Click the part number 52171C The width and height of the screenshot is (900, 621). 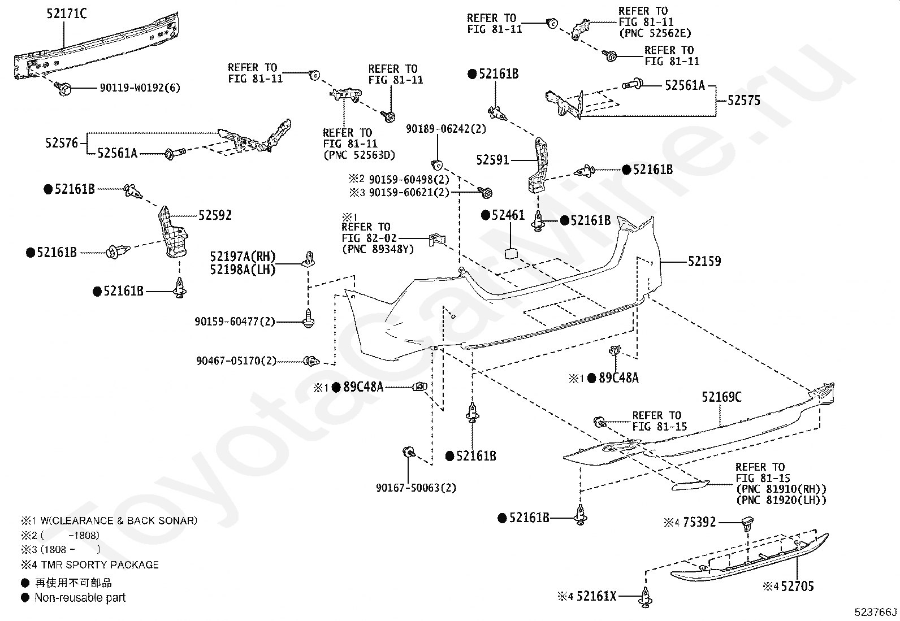pyautogui.click(x=67, y=14)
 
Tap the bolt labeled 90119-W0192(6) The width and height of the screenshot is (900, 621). pyautogui.click(x=64, y=88)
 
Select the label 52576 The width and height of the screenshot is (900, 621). pyautogui.click(x=62, y=143)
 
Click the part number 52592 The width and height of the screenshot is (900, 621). pyautogui.click(x=215, y=215)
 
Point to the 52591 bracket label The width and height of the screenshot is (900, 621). pyautogui.click(x=492, y=160)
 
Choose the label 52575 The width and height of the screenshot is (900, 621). pyautogui.click(x=744, y=101)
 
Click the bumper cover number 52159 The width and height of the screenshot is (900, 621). pyautogui.click(x=705, y=262)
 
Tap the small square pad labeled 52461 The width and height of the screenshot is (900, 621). pyautogui.click(x=510, y=253)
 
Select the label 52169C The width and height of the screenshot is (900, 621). pyautogui.click(x=721, y=397)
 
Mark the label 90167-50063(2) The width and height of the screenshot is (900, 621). pyautogui.click(x=416, y=488)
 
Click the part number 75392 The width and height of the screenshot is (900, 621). pyautogui.click(x=699, y=522)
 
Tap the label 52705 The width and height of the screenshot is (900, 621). pyautogui.click(x=798, y=587)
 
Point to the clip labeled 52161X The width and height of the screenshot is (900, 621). pyautogui.click(x=645, y=597)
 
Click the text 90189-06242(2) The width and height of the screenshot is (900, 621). pyautogui.click(x=446, y=129)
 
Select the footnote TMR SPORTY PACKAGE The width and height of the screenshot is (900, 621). pyautogui.click(x=100, y=564)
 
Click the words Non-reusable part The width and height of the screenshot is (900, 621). pyautogui.click(x=80, y=598)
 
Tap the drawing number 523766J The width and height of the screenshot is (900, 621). pyautogui.click(x=876, y=612)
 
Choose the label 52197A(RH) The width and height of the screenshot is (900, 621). pyautogui.click(x=243, y=257)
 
